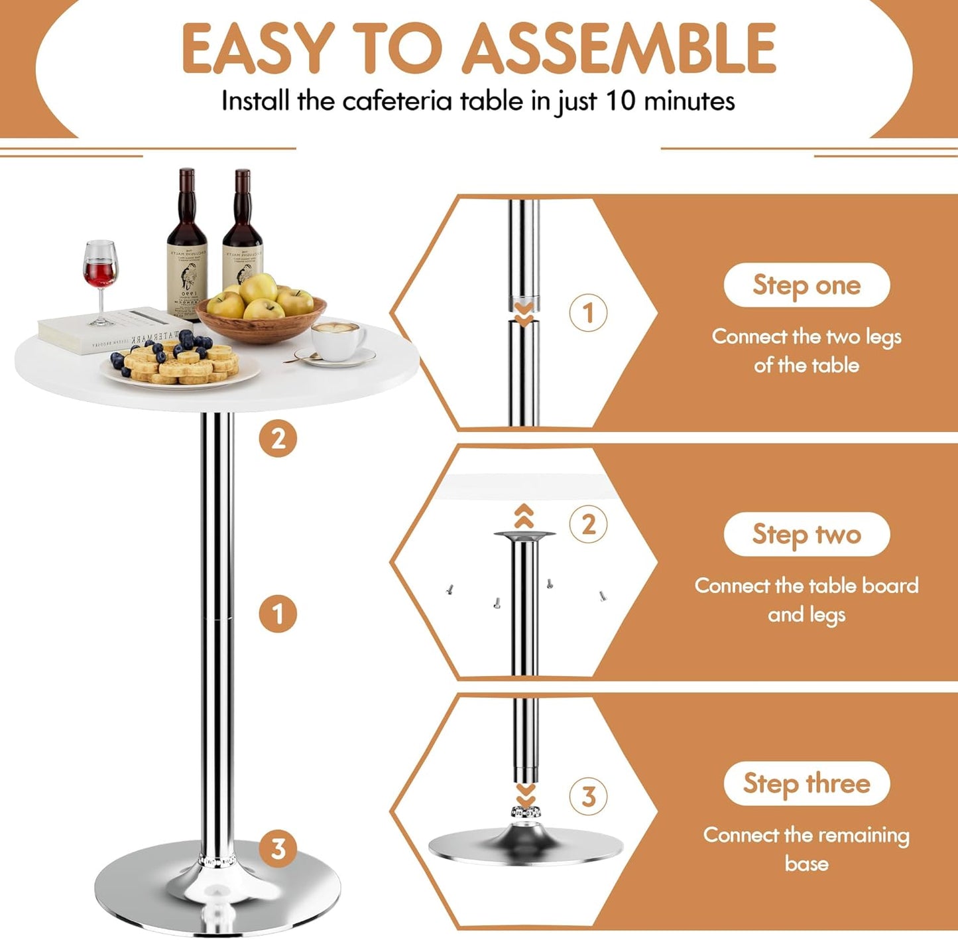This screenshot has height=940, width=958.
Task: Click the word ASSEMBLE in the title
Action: click(x=619, y=48)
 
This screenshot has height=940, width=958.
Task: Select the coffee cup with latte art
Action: click(x=337, y=340)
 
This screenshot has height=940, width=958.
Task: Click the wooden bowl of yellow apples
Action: click(x=261, y=312)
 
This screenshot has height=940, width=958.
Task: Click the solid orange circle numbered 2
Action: click(x=278, y=438)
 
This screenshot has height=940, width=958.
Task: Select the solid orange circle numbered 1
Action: click(x=278, y=614)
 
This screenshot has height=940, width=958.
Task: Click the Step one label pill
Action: click(x=806, y=285)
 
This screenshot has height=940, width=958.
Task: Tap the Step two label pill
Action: click(x=806, y=534)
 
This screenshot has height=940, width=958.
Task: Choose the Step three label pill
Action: click(x=806, y=783)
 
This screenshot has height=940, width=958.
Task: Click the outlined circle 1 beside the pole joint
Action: click(x=588, y=312)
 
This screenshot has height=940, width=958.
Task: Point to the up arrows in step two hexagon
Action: click(x=524, y=515)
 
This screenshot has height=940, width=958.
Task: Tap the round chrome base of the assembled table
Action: click(x=217, y=889)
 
